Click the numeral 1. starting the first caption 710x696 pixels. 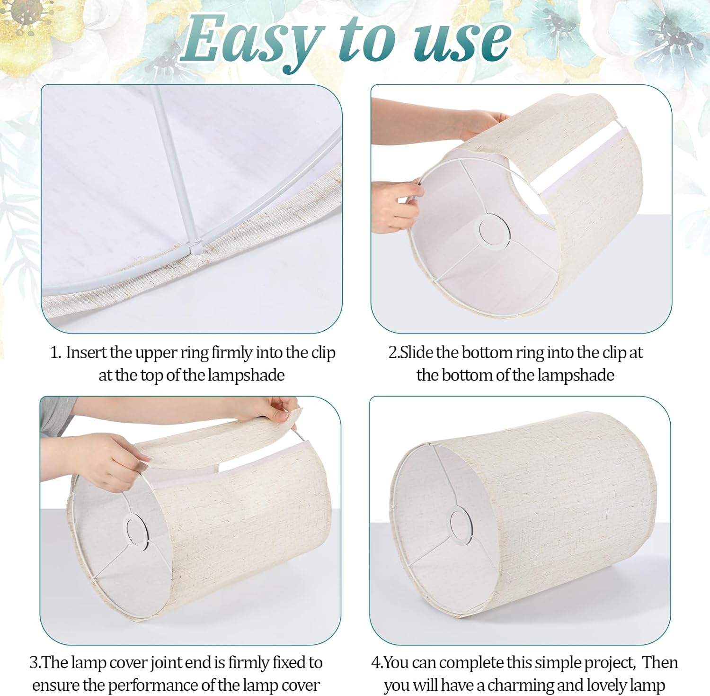[x=56, y=353]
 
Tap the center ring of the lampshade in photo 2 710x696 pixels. [x=495, y=230]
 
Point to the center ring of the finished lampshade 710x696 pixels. [x=460, y=524]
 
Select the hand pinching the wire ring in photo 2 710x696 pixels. [x=395, y=206]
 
